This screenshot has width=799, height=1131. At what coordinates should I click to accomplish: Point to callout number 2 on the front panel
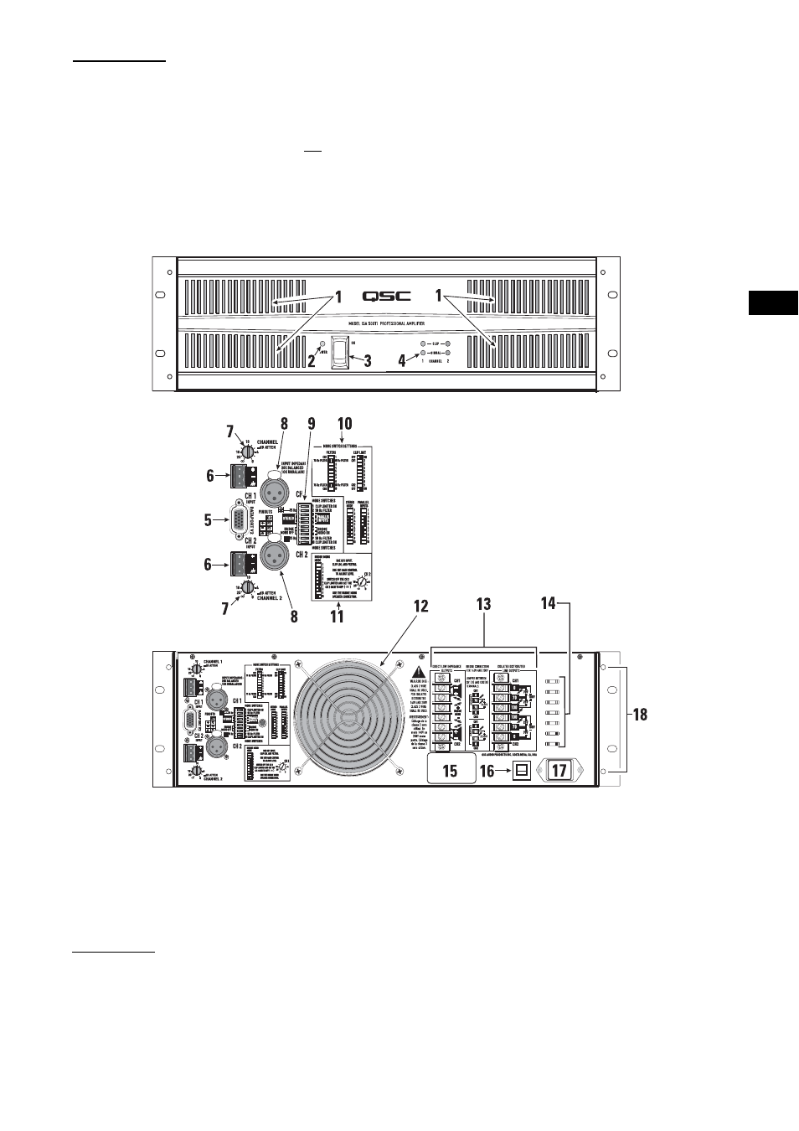[311, 362]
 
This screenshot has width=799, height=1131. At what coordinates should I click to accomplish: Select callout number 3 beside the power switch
[367, 362]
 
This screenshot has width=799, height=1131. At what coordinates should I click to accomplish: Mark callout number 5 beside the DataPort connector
[208, 520]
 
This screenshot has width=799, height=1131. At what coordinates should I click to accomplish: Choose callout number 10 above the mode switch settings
[344, 424]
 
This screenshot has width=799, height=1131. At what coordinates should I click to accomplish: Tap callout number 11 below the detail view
[336, 617]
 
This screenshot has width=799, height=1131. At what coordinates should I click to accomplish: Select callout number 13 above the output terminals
[483, 604]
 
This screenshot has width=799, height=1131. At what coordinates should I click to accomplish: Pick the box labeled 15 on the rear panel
[450, 769]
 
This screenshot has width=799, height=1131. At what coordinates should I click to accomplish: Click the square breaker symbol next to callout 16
[522, 770]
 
